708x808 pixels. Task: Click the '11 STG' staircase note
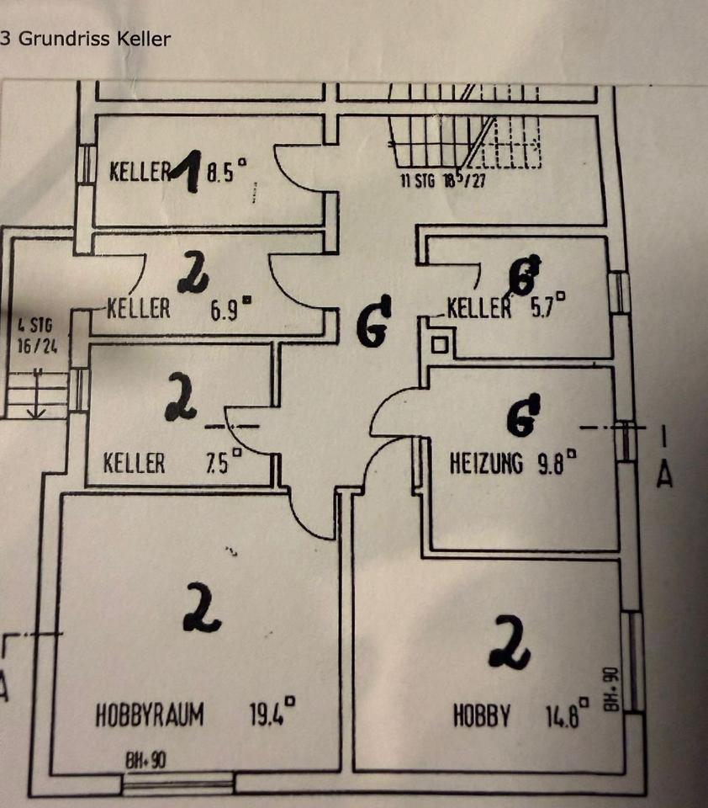pyautogui.click(x=417, y=181)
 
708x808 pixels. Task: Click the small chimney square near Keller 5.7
pyautogui.click(x=440, y=343)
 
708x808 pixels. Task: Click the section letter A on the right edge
pyautogui.click(x=664, y=476)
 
